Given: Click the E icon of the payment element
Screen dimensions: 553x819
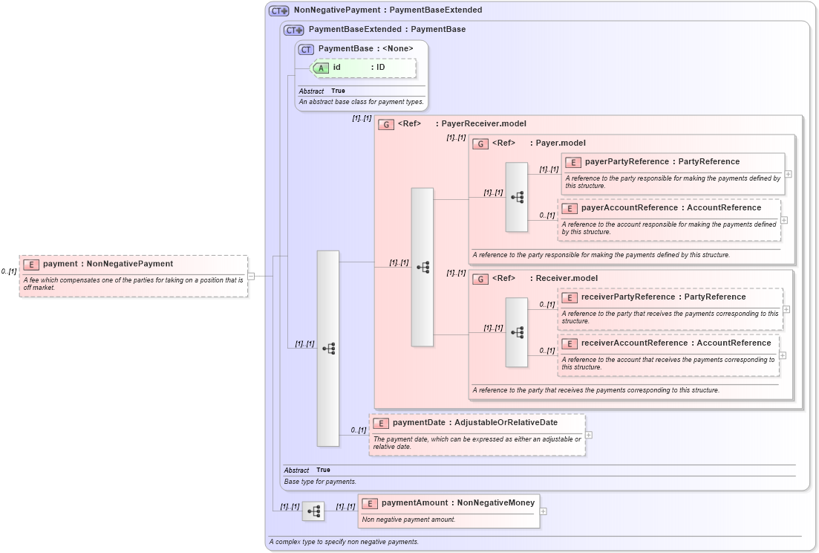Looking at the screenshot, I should click(31, 264).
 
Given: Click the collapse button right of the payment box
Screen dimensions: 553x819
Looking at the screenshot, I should click(251, 276).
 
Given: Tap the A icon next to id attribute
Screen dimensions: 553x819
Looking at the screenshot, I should click(321, 68).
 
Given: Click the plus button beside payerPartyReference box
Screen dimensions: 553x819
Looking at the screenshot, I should click(788, 174).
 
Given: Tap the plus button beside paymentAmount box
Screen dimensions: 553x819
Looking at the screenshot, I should click(544, 511).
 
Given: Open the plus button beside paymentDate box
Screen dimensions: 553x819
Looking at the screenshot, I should click(589, 435).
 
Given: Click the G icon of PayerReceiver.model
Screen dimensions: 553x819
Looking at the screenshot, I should click(386, 124).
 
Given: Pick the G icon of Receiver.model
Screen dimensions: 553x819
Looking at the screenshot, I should click(480, 279).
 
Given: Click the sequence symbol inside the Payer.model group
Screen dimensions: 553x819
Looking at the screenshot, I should click(517, 197).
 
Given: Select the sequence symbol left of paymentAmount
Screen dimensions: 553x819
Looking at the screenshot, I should click(314, 511).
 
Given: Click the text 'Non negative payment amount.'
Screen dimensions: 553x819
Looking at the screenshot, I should click(408, 520).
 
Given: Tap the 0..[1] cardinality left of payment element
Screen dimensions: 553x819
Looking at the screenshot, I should click(9, 272).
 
